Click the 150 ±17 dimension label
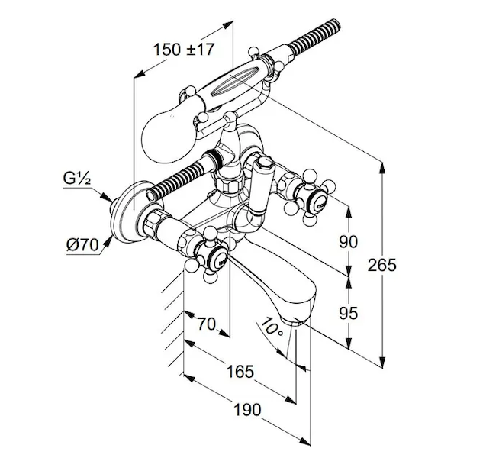point(184,50)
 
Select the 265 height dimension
point(382,265)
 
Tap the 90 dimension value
point(348,242)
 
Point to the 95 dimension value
point(348,314)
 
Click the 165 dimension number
point(240,372)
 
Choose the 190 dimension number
point(247,410)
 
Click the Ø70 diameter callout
point(82,245)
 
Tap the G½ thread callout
point(77,179)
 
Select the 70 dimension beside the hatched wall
point(207,324)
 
